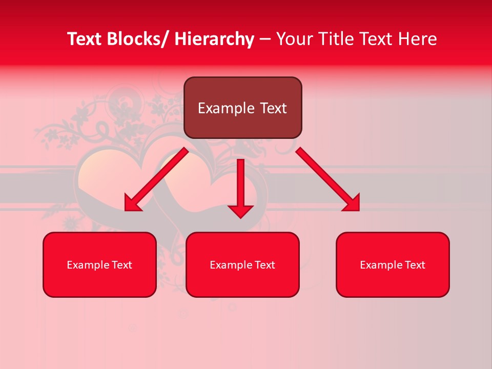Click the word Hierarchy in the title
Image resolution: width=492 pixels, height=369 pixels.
(214, 39)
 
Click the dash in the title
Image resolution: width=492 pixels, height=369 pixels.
(265, 39)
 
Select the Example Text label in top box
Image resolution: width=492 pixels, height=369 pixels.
(242, 108)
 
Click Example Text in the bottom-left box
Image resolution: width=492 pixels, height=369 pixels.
(99, 265)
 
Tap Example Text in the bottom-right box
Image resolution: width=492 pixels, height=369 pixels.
(393, 265)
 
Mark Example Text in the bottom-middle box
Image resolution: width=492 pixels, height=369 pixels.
(242, 265)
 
